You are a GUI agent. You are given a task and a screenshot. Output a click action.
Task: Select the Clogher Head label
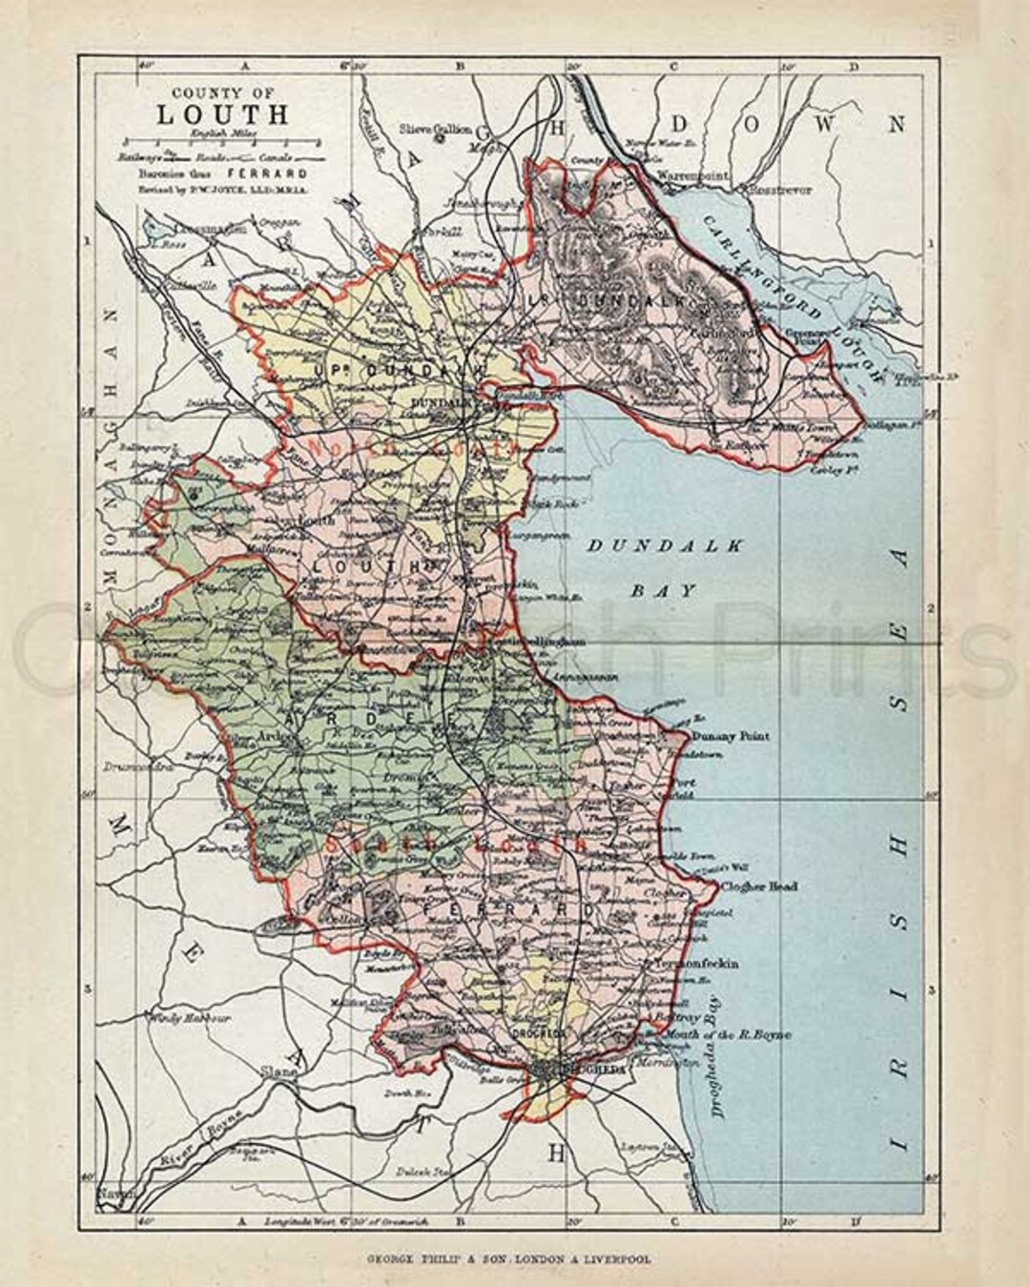point(760,887)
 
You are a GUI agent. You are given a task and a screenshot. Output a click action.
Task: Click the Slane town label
point(275,1071)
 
